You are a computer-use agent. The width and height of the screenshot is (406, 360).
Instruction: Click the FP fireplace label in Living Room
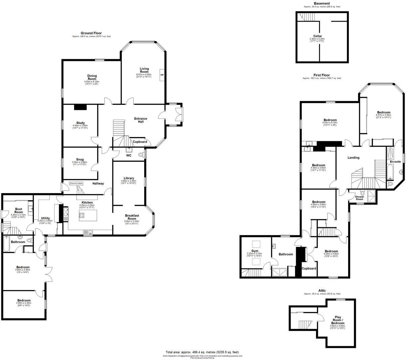(162, 75)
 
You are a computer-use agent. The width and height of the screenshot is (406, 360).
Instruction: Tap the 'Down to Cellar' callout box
(76, 183)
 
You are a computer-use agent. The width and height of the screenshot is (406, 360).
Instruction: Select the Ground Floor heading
(91, 33)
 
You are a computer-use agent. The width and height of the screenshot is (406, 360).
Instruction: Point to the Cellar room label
(317, 36)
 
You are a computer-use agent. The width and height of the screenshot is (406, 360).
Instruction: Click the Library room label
(129, 178)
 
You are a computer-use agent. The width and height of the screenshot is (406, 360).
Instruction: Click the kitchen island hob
(82, 215)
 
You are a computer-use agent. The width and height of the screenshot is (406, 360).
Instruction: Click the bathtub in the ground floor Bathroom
(6, 243)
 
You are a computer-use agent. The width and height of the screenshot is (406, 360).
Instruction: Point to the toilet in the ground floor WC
(141, 155)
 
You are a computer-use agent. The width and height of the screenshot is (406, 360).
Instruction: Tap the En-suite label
(395, 162)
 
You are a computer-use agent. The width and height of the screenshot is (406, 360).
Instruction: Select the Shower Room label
(359, 198)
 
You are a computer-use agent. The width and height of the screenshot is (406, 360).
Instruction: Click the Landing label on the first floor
(354, 158)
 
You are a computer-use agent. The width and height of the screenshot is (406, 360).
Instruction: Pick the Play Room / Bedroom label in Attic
(338, 319)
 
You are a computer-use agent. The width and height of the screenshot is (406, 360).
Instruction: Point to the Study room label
(80, 123)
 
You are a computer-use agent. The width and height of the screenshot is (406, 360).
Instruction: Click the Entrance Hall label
(141, 120)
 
